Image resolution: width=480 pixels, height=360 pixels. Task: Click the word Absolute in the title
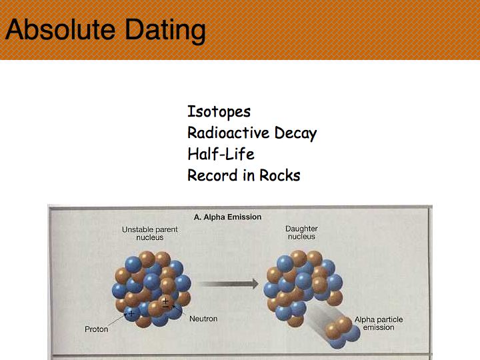[60, 30]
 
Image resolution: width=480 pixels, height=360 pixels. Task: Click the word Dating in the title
[165, 31]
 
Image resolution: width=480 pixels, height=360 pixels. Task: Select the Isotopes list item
[219, 112]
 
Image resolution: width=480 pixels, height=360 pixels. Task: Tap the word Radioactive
[229, 133]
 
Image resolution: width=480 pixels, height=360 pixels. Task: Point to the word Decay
[296, 133]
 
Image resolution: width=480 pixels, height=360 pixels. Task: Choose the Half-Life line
[221, 154]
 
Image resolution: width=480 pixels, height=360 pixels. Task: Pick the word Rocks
[280, 175]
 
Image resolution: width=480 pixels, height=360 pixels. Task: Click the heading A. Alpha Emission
[227, 217]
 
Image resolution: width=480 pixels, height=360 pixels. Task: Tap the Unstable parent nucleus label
[150, 233]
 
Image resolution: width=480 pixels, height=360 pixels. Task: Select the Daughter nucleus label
[301, 233]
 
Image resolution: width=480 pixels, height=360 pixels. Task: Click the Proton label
[97, 329]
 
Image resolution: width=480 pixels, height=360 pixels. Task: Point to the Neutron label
[203, 319]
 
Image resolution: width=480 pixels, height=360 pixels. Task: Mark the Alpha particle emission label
[379, 323]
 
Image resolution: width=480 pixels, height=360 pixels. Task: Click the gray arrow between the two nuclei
[229, 284]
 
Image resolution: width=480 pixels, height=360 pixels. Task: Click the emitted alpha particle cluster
[342, 333]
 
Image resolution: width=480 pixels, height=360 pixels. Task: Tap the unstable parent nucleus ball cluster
[151, 289]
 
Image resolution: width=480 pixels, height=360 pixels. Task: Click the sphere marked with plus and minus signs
[165, 303]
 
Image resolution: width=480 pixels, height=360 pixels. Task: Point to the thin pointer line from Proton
[117, 319]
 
